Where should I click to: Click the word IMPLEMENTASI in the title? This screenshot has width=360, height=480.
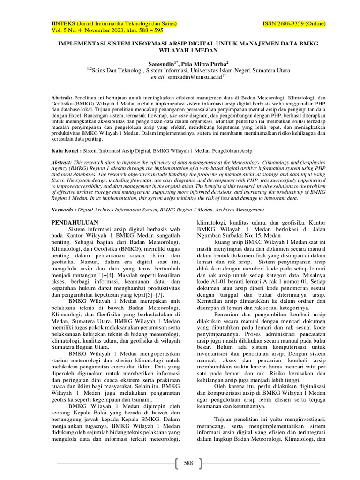pos(81,43)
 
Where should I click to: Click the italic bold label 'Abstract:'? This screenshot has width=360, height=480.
pos(62,161)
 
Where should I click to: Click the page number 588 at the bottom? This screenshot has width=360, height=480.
pos(188,463)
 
